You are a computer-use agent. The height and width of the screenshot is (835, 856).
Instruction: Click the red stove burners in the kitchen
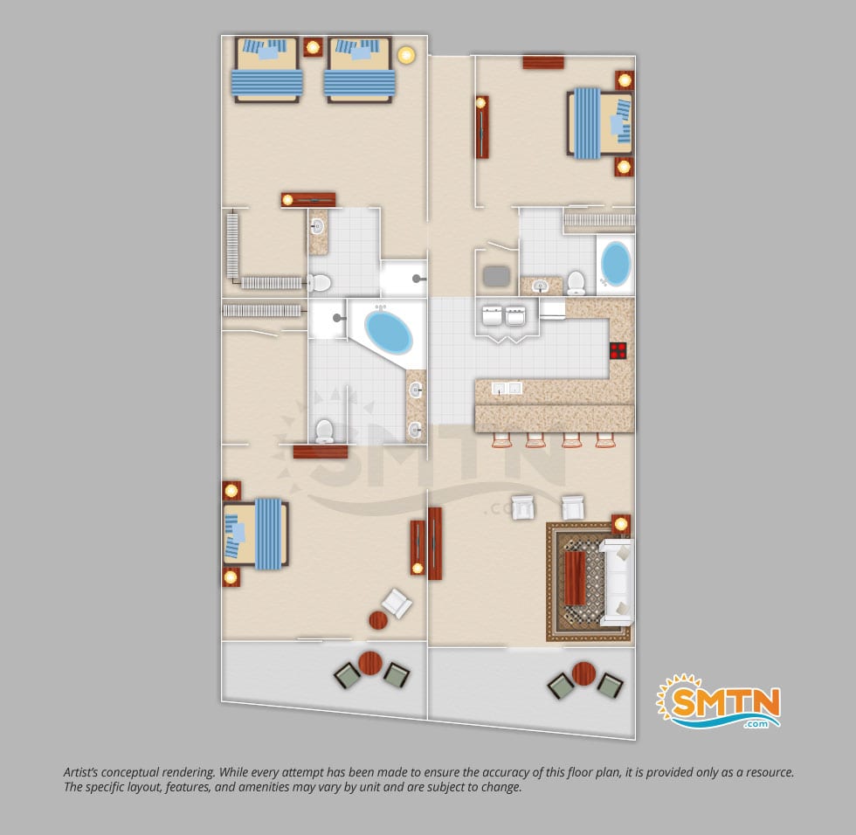pyautogui.click(x=618, y=350)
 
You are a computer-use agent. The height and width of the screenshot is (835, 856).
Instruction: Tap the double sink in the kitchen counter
pyautogui.click(x=507, y=388)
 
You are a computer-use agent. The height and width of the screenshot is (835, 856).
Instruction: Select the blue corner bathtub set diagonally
pyautogui.click(x=388, y=333)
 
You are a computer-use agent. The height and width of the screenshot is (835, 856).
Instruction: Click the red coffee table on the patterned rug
pyautogui.click(x=575, y=578)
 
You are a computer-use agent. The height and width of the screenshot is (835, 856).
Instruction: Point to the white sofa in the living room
pyautogui.click(x=617, y=582)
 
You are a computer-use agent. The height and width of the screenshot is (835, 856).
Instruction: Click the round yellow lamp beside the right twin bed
pyautogui.click(x=405, y=54)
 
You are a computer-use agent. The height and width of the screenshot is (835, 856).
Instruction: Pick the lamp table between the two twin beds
pyautogui.click(x=313, y=47)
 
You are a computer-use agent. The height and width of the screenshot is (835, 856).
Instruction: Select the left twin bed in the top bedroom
pyautogui.click(x=266, y=70)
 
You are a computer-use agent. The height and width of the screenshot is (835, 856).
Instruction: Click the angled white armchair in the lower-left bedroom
pyautogui.click(x=397, y=603)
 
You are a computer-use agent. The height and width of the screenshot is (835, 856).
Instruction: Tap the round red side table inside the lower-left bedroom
pyautogui.click(x=378, y=620)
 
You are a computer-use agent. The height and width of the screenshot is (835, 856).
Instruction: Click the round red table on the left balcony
pyautogui.click(x=370, y=663)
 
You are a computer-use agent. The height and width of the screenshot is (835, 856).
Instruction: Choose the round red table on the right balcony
pyautogui.click(x=583, y=674)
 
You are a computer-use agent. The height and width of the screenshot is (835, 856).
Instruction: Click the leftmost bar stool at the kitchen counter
pyautogui.click(x=501, y=440)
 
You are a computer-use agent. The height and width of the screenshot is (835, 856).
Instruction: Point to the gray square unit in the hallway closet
pyautogui.click(x=496, y=276)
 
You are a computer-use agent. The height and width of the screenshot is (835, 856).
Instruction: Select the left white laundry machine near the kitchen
pyautogui.click(x=492, y=315)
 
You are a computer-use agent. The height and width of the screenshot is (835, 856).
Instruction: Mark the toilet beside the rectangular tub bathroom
pyautogui.click(x=576, y=283)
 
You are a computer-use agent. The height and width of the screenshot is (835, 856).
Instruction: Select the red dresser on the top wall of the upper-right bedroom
pyautogui.click(x=543, y=62)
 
